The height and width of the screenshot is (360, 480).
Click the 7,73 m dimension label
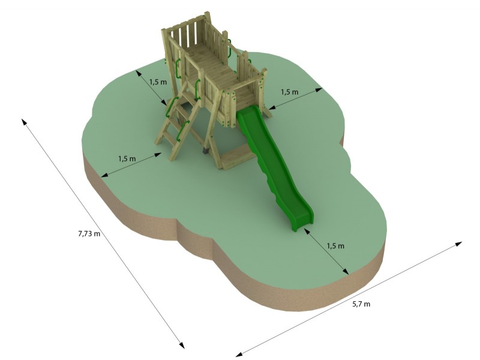89,234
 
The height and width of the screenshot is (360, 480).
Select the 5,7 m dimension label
361,304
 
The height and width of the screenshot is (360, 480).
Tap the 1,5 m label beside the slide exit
335,246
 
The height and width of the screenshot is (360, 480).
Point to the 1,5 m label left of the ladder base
127,158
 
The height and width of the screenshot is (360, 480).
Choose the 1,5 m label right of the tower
289,92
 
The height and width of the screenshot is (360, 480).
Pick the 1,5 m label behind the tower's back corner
158,82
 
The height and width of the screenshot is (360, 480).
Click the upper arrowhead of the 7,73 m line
24,122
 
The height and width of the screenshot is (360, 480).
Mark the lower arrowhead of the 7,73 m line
182,344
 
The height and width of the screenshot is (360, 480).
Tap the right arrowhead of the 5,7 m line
458,244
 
